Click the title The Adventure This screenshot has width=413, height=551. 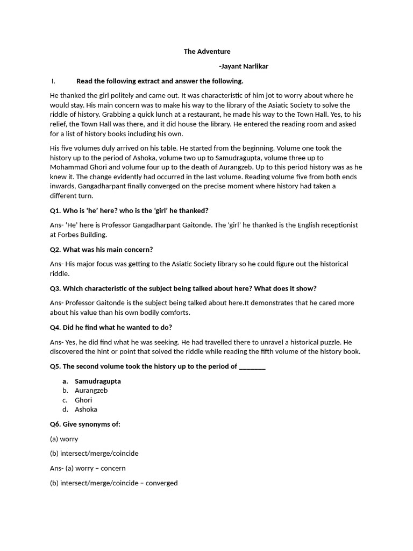coord(207,52)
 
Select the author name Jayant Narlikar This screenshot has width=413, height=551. coord(244,66)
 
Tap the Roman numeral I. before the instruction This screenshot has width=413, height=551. coord(53,81)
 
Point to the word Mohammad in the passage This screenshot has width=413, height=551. coord(67,167)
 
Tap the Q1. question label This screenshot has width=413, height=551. coord(55,210)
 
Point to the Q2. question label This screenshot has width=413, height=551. coord(55,250)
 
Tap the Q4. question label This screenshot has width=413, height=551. coord(55,327)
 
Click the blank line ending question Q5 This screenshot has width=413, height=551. coord(252,366)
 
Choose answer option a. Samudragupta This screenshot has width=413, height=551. coord(97,381)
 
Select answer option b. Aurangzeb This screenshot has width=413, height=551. coord(91,391)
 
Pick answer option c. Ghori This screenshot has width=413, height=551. coord(83,400)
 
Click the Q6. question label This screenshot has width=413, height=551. coord(55,424)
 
